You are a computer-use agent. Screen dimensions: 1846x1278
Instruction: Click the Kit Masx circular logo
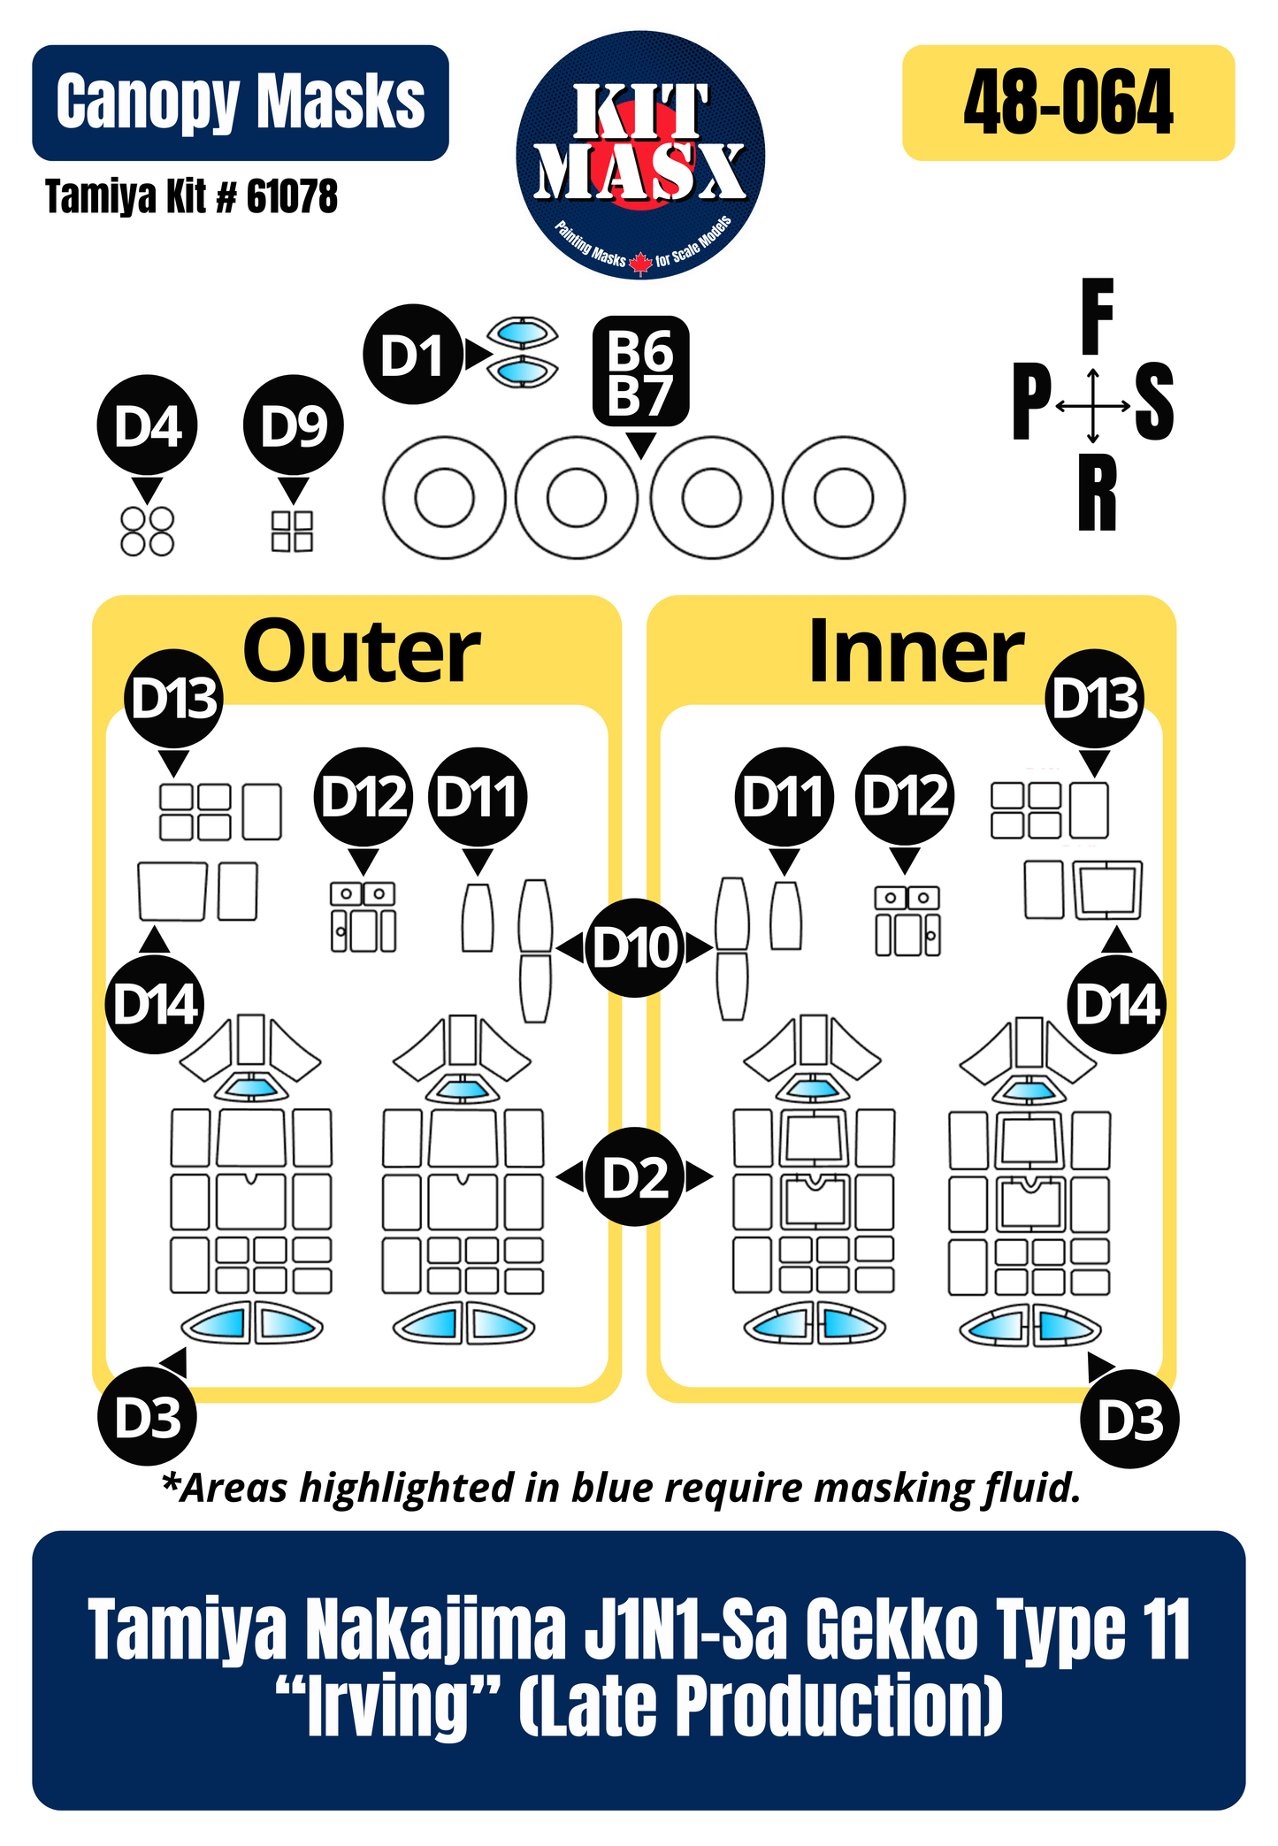pos(640,156)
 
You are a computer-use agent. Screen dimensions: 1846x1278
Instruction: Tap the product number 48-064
pos(1068,103)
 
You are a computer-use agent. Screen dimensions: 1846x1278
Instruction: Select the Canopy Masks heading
pos(240,103)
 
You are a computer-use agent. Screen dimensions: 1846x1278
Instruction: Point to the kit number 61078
pos(291,196)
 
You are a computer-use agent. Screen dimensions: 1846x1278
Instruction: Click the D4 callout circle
pos(148,426)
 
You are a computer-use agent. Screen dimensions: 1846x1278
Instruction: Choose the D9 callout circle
pos(294,426)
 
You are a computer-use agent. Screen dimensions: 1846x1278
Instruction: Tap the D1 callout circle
pos(412,356)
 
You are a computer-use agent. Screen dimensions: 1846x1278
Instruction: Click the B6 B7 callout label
pos(640,371)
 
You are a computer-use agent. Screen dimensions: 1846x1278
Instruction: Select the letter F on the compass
pos(1097,315)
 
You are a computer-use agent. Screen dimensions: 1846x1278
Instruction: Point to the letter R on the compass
pos(1097,495)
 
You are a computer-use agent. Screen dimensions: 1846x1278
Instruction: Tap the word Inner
pos(916,653)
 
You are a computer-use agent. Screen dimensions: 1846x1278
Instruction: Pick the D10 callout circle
pos(635,948)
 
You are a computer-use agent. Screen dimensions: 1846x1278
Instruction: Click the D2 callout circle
pos(635,1177)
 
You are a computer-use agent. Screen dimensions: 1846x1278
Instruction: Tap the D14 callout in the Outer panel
pos(155,1005)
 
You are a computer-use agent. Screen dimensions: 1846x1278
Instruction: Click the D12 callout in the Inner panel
pos(905,796)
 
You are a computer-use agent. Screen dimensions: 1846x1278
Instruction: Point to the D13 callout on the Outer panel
pos(174,699)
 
